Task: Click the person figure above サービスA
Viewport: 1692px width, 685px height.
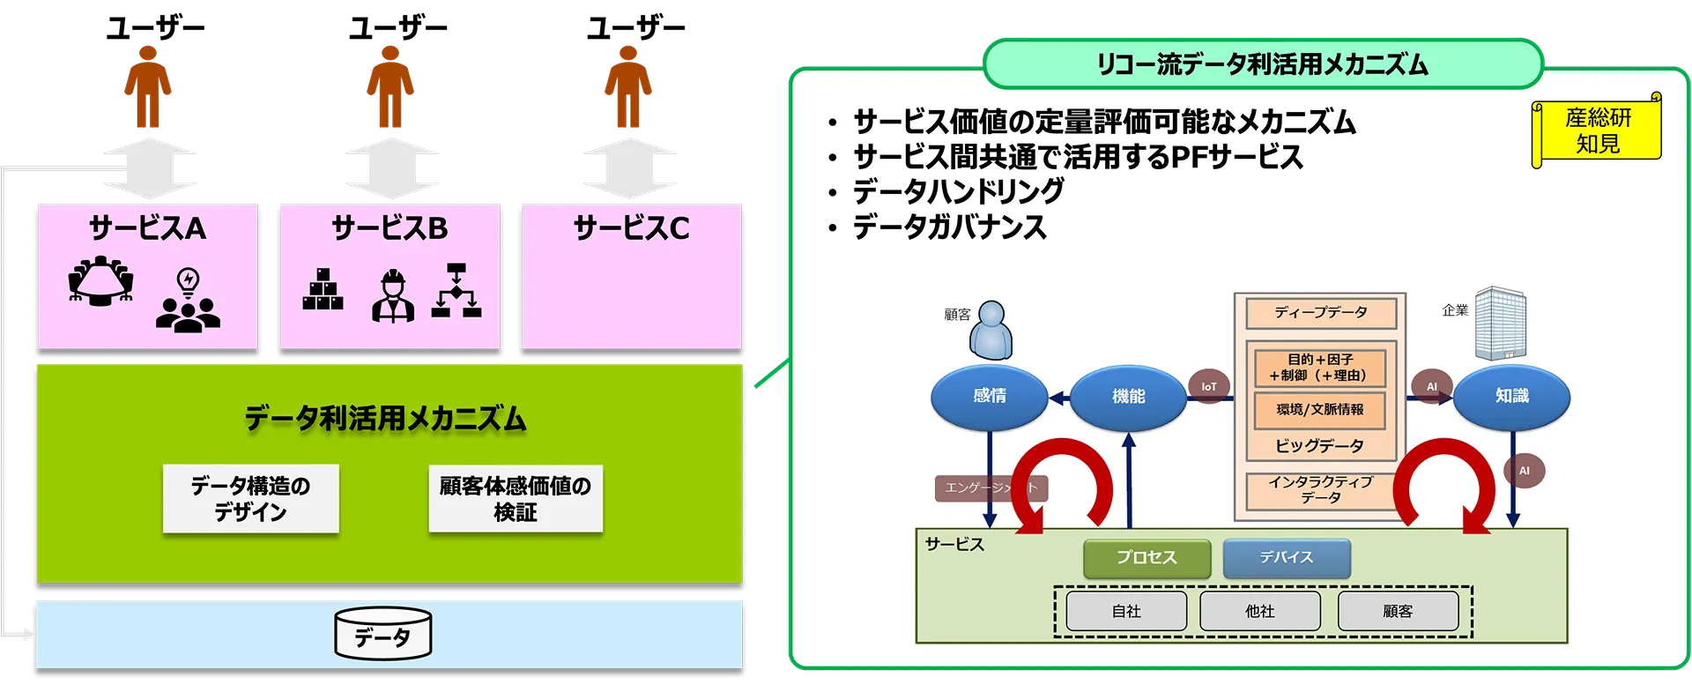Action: pos(147,88)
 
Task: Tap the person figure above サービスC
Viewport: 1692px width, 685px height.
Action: pos(627,88)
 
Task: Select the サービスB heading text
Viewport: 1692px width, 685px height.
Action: pos(390,228)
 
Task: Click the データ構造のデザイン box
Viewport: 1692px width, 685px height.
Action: pos(251,499)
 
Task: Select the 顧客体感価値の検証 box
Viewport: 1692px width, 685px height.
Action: pos(516,499)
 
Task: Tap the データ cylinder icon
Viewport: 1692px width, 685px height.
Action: pos(383,634)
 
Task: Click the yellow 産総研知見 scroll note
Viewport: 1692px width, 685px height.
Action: pos(1597,130)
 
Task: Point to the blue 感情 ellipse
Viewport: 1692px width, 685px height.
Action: pos(990,397)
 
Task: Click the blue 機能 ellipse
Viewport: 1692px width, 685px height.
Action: pos(1128,397)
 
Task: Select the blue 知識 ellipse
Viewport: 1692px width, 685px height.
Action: pos(1511,397)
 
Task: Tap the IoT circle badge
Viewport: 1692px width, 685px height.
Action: pos(1209,387)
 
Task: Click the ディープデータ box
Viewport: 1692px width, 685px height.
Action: pos(1320,313)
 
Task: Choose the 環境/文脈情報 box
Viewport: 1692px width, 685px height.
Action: pos(1320,410)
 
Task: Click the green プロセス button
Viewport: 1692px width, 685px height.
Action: pos(1147,558)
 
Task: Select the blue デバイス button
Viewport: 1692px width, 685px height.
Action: pos(1287,558)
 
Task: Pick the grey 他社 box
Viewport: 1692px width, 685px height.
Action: pos(1259,611)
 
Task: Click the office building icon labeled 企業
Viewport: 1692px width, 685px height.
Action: pos(1500,322)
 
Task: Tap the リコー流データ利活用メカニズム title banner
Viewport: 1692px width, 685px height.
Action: pos(1262,64)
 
